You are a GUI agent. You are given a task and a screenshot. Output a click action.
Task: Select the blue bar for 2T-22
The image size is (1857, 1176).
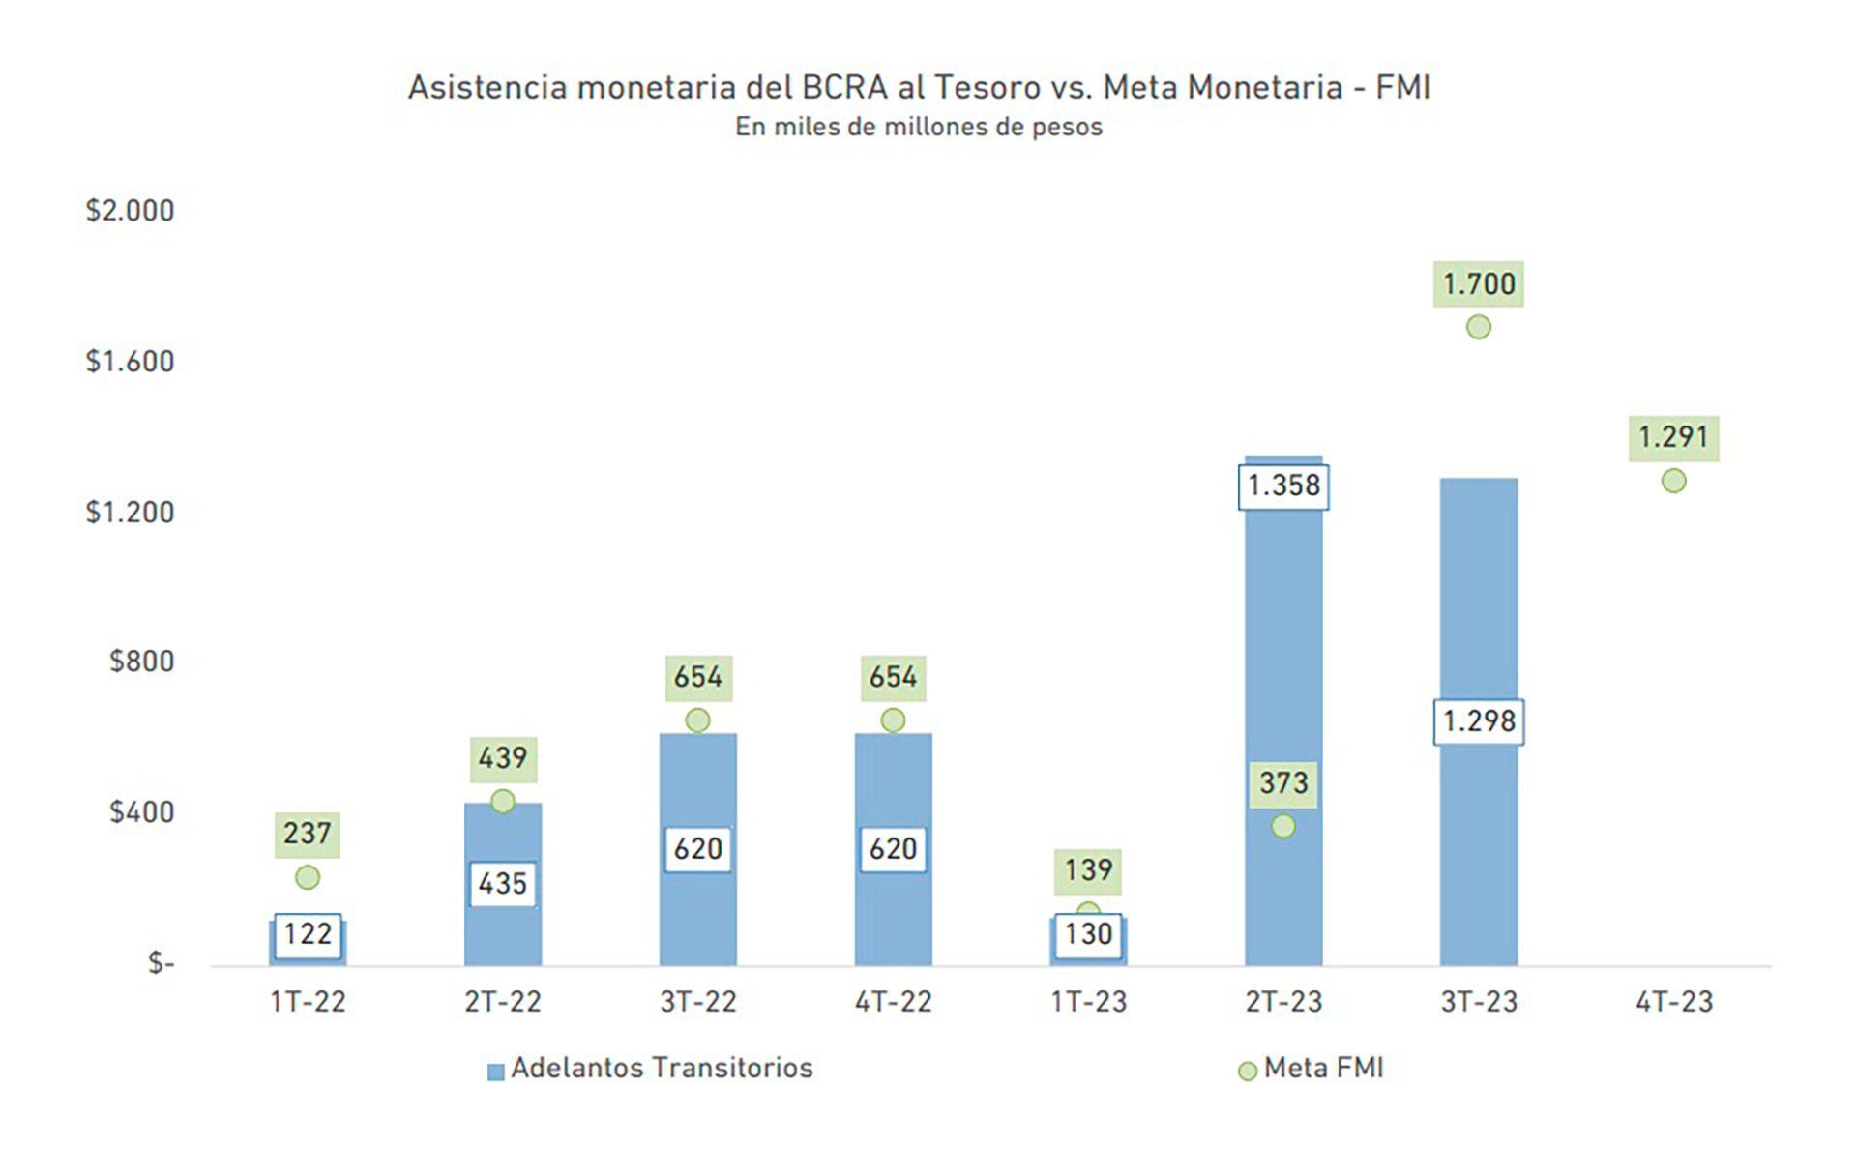503,928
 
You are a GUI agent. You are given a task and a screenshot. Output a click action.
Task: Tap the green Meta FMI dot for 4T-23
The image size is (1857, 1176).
1673,481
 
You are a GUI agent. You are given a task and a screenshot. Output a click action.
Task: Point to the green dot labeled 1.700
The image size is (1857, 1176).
1478,327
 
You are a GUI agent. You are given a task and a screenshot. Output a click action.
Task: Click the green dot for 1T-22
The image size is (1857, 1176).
308,877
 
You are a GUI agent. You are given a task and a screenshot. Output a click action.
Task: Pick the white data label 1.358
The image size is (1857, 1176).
1283,485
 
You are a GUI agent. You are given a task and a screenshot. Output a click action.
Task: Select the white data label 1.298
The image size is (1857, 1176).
1478,721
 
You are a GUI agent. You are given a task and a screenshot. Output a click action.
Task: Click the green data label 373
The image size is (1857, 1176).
1283,782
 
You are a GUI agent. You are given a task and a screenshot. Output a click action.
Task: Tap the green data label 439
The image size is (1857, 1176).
503,758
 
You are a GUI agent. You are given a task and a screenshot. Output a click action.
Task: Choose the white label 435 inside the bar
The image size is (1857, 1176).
503,884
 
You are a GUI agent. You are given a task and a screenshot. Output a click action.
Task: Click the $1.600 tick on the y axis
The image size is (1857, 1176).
130,362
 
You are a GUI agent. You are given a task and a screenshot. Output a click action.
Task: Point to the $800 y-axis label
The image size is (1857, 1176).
141,661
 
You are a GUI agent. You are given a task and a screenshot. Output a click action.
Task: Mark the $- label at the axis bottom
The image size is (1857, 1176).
161,963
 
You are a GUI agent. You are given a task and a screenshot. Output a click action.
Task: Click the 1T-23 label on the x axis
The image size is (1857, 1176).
1088,1002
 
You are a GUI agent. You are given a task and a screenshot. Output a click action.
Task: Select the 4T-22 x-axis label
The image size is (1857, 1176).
893,1002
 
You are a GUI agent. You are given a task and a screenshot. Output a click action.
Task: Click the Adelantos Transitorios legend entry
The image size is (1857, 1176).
650,1069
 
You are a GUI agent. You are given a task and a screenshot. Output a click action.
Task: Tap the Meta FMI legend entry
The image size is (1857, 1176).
1312,1069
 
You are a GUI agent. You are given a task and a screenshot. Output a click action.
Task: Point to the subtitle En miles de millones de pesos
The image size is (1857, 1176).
918,128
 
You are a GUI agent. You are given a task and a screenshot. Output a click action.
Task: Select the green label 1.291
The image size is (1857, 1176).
1673,438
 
